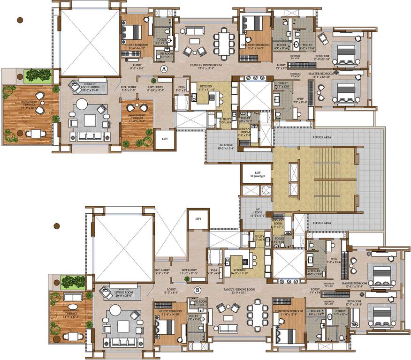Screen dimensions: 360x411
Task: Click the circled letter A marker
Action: [164, 68]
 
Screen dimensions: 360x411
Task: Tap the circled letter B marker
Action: [198, 289]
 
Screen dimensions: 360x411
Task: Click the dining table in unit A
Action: [224, 42]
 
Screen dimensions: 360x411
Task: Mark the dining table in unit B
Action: [258, 314]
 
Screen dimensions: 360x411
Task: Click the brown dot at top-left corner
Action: [20, 20]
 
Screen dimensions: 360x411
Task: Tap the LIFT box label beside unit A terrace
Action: [164, 139]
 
